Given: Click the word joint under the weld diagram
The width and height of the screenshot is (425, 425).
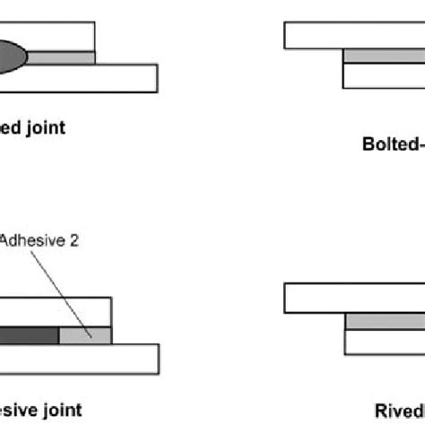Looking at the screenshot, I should (45, 127).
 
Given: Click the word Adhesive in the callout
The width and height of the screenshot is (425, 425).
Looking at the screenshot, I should (26, 240).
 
